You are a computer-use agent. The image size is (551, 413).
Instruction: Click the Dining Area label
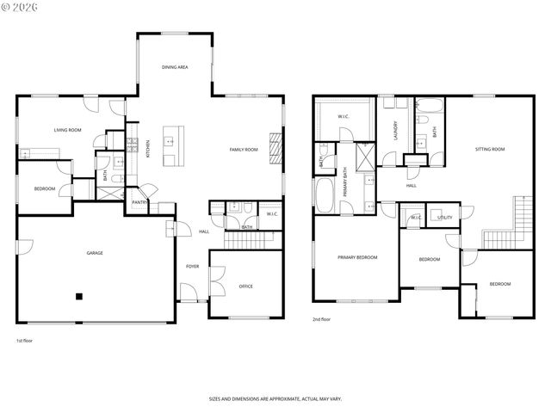pyautogui.click(x=175, y=66)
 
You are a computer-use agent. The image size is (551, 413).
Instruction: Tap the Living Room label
pyautogui.click(x=67, y=130)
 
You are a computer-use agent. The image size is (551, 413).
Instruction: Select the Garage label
pyautogui.click(x=95, y=253)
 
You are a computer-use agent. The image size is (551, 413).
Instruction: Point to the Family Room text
pyautogui.click(x=244, y=150)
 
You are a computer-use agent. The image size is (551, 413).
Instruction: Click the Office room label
pyautogui.click(x=245, y=287)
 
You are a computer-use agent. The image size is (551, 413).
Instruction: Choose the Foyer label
pyautogui.click(x=193, y=267)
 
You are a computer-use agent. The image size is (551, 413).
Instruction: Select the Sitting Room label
pyautogui.click(x=490, y=150)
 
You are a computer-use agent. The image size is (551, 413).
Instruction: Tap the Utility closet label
pyautogui.click(x=444, y=218)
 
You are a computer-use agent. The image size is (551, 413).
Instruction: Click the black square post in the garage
pyautogui.click(x=78, y=297)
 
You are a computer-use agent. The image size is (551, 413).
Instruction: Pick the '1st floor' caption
pyautogui.click(x=24, y=341)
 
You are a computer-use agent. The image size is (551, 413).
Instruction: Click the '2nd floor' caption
pyautogui.click(x=321, y=319)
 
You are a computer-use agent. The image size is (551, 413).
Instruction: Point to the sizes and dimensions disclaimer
pyautogui.click(x=275, y=398)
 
